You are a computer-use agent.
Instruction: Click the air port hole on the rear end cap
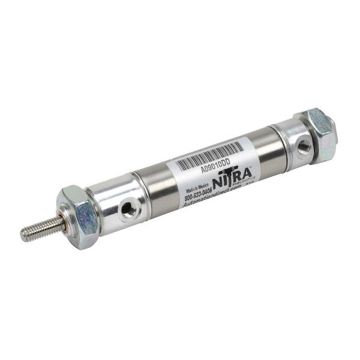coord(304,144)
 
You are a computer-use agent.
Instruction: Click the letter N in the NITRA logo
coord(219,183)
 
